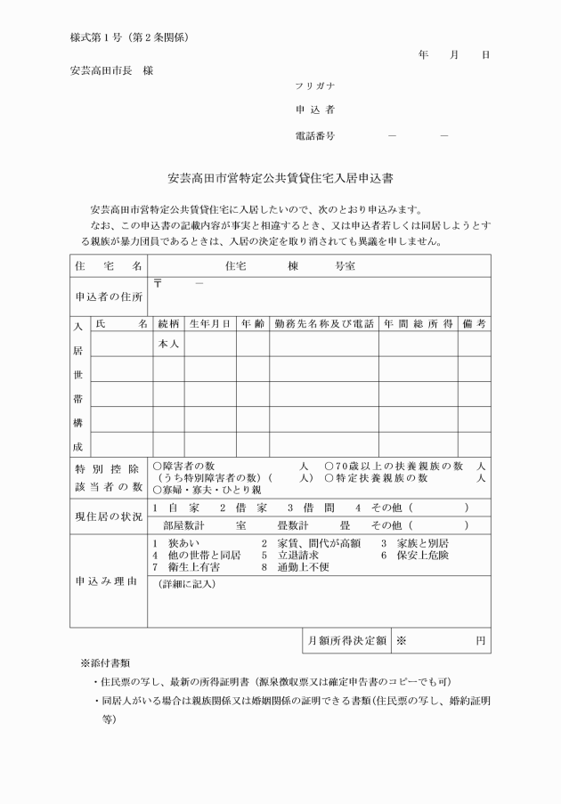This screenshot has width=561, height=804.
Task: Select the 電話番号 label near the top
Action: (314, 136)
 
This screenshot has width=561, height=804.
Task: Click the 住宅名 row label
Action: (109, 266)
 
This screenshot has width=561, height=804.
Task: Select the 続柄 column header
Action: (168, 325)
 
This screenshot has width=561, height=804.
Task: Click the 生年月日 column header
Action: (210, 325)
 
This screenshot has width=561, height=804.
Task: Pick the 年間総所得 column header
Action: (419, 325)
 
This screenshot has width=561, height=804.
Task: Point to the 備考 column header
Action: (475, 325)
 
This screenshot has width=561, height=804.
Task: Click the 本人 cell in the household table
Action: (168, 344)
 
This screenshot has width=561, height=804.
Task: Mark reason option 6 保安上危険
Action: (414, 555)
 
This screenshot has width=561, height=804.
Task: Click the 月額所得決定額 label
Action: (346, 640)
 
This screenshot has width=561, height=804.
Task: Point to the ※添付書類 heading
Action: (106, 663)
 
